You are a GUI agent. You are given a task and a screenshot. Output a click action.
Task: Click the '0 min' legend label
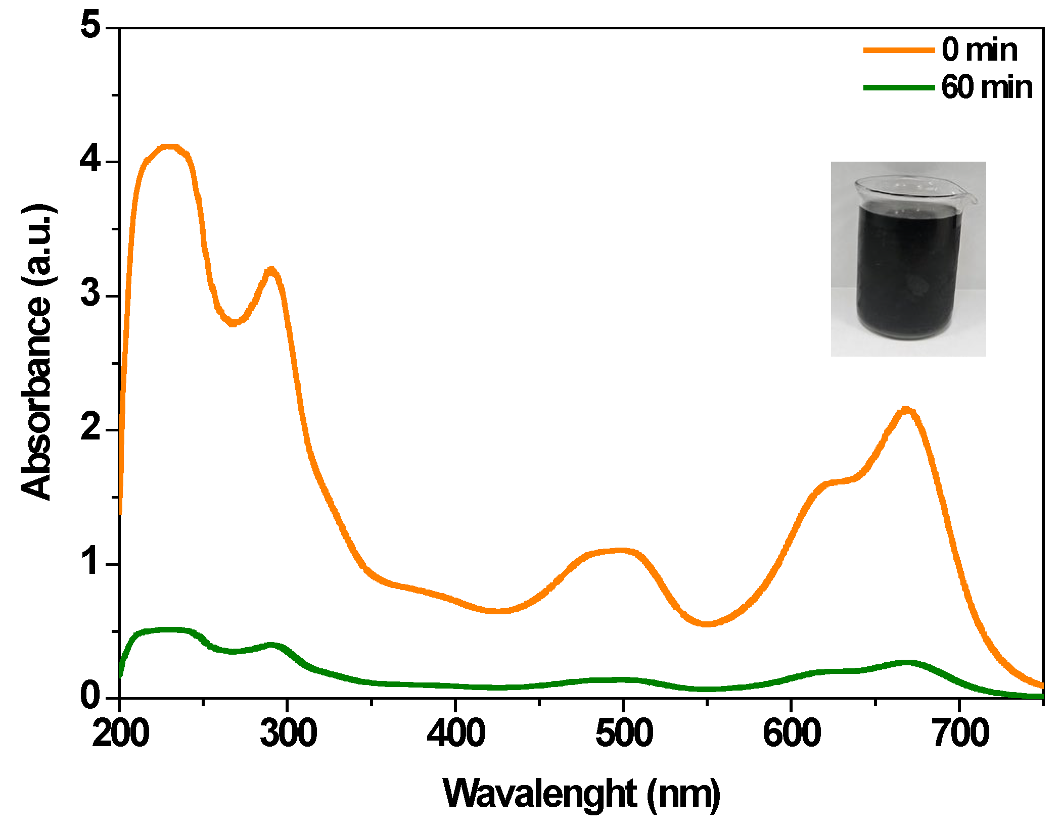point(979,50)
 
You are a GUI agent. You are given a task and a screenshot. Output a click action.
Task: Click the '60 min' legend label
point(986,87)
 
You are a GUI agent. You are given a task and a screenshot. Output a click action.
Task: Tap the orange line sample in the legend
point(898,50)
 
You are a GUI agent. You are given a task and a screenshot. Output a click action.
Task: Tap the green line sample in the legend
point(898,87)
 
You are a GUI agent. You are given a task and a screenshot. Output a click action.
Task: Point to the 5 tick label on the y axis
point(91,26)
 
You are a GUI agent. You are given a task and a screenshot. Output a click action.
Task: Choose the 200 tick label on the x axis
point(120,733)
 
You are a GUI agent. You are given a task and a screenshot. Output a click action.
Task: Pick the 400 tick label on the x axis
point(456,733)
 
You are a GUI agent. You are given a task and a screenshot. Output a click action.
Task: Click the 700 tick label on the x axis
point(959,733)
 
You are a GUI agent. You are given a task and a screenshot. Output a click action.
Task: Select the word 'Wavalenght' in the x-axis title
point(539,795)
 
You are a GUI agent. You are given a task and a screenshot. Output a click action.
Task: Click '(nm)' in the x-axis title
point(683,795)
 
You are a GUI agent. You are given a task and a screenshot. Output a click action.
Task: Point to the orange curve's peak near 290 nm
point(272,270)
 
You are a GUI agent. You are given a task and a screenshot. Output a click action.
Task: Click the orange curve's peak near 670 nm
point(906,409)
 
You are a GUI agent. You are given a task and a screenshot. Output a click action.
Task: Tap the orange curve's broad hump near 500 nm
point(619,551)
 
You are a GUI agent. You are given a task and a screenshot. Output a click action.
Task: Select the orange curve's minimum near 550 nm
point(708,624)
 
